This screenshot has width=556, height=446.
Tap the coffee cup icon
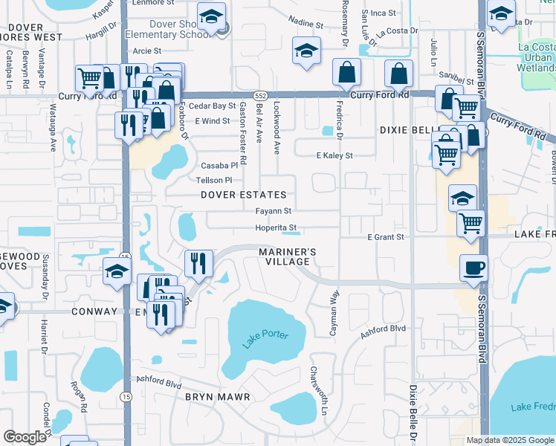[473, 268]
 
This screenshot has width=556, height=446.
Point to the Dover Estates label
[243, 195]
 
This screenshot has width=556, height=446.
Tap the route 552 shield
[259, 96]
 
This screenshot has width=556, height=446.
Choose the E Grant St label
[385, 237]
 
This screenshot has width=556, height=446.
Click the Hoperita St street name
[276, 227]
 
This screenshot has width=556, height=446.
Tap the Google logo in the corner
[25, 436]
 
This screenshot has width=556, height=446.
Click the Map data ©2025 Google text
[509, 440]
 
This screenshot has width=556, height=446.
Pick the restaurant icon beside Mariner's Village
[198, 262]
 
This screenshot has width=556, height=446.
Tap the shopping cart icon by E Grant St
[471, 222]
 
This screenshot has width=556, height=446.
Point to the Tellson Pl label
[214, 180]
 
